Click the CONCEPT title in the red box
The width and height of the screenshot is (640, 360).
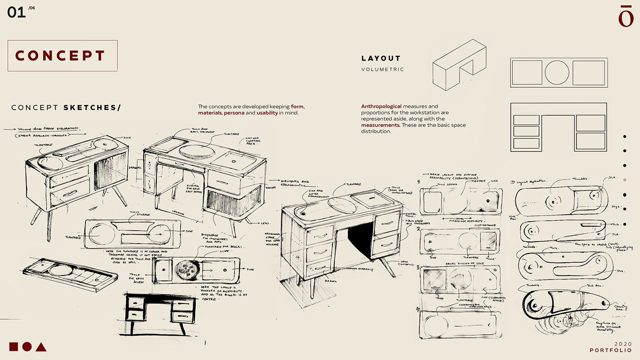pos(61,56)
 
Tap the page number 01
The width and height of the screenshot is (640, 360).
pos(16,12)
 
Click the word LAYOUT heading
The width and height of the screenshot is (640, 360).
pos(381,58)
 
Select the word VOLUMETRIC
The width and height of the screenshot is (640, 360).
pos(382,69)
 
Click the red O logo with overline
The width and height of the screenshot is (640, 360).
pos(625,16)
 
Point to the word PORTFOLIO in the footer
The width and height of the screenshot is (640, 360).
pos(611,350)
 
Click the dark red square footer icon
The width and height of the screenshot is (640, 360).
pos(13,346)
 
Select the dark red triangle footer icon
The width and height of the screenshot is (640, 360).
pos(41,347)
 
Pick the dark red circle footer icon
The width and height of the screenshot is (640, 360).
pos(27,346)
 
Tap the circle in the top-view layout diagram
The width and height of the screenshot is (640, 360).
pos(557,73)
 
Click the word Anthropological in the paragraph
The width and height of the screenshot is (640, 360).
pos(381,106)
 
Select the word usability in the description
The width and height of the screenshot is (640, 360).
pos(267,112)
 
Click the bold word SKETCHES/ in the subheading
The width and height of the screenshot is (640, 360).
pos(92,108)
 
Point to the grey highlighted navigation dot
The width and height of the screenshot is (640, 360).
pos(624,180)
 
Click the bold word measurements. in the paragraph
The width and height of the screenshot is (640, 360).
pos(381,125)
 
